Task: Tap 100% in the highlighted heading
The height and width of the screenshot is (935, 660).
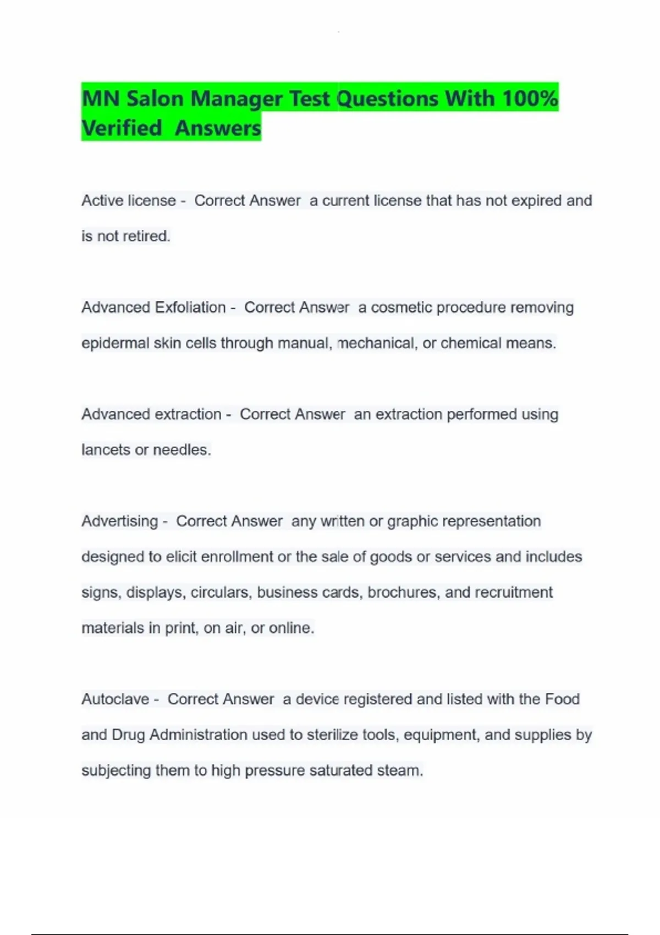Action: coord(530,99)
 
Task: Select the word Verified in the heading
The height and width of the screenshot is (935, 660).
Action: coord(122,128)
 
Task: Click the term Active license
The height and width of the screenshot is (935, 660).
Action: coord(129,201)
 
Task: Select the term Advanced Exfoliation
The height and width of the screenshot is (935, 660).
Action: coord(153,307)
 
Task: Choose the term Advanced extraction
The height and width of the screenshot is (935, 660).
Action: coord(151,414)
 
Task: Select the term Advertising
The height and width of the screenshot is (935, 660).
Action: coord(119,521)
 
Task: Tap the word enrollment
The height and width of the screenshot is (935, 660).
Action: coord(237,557)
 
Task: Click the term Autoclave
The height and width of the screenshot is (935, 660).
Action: coord(115,699)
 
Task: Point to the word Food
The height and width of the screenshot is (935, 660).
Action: coord(562,699)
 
